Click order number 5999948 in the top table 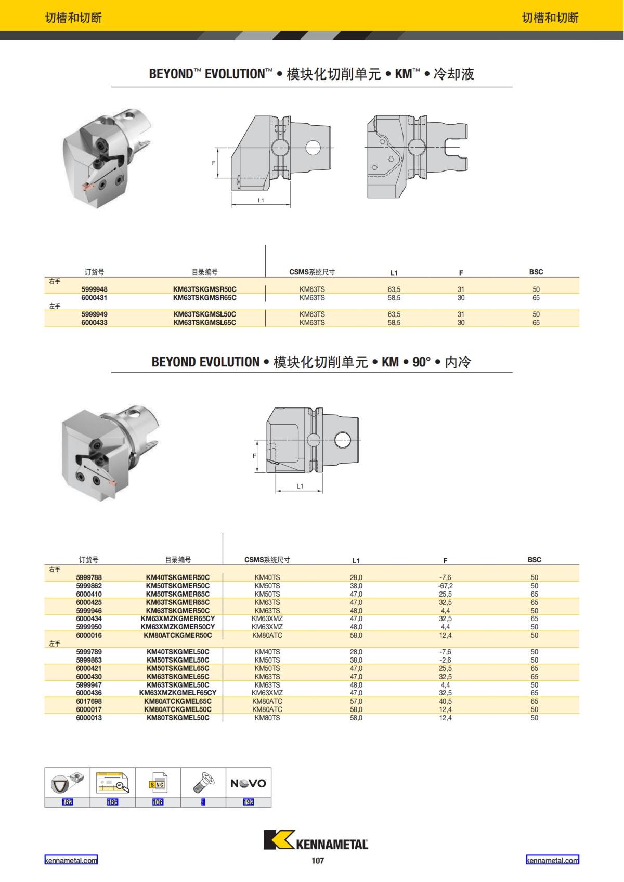click(94, 289)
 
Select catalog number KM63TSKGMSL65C click(204, 323)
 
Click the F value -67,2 click(446, 586)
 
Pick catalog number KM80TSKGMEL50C click(178, 718)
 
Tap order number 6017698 click(89, 701)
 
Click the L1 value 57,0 click(356, 701)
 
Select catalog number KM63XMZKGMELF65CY click(178, 693)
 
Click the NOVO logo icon click(248, 783)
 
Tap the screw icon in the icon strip click(203, 783)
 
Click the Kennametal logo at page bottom click(316, 840)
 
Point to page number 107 click(318, 861)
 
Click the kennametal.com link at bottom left click(71, 860)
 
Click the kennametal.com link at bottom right click(552, 860)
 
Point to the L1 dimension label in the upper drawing click(261, 200)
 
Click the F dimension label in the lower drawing click(254, 456)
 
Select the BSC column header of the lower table click(534, 560)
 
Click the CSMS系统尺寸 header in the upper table click(312, 272)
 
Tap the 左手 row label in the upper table click(55, 306)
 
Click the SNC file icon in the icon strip click(158, 783)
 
